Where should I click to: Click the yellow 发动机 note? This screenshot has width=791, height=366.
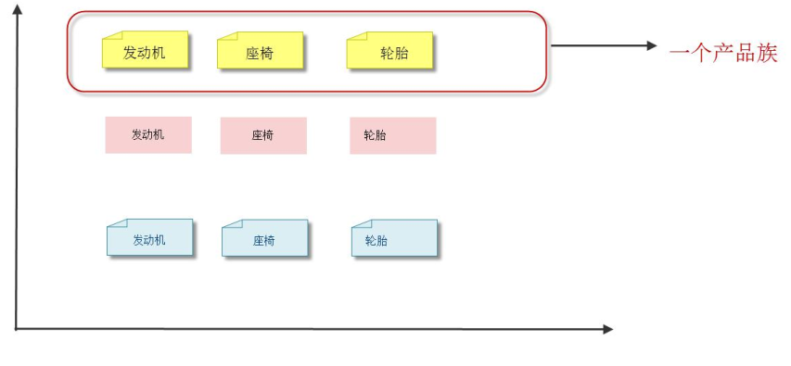click(145, 51)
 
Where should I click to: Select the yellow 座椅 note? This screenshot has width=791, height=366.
click(260, 52)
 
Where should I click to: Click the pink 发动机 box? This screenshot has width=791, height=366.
click(148, 135)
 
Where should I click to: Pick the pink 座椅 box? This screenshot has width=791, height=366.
click(263, 135)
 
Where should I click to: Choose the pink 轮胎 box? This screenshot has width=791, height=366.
click(392, 135)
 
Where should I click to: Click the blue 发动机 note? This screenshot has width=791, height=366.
click(149, 239)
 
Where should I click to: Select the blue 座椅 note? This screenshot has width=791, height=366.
click(264, 240)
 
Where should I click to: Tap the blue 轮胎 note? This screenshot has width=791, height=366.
click(394, 240)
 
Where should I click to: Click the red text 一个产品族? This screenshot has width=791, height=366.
click(722, 52)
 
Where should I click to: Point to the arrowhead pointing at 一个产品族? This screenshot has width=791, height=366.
click(651, 45)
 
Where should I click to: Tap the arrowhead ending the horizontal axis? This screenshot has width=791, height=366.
click(607, 329)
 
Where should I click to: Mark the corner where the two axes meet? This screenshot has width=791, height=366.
click(17, 328)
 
